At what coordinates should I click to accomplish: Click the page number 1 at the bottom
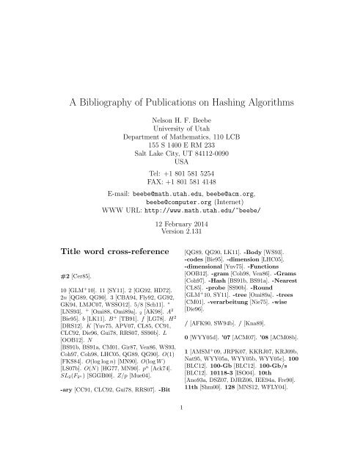181,443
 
